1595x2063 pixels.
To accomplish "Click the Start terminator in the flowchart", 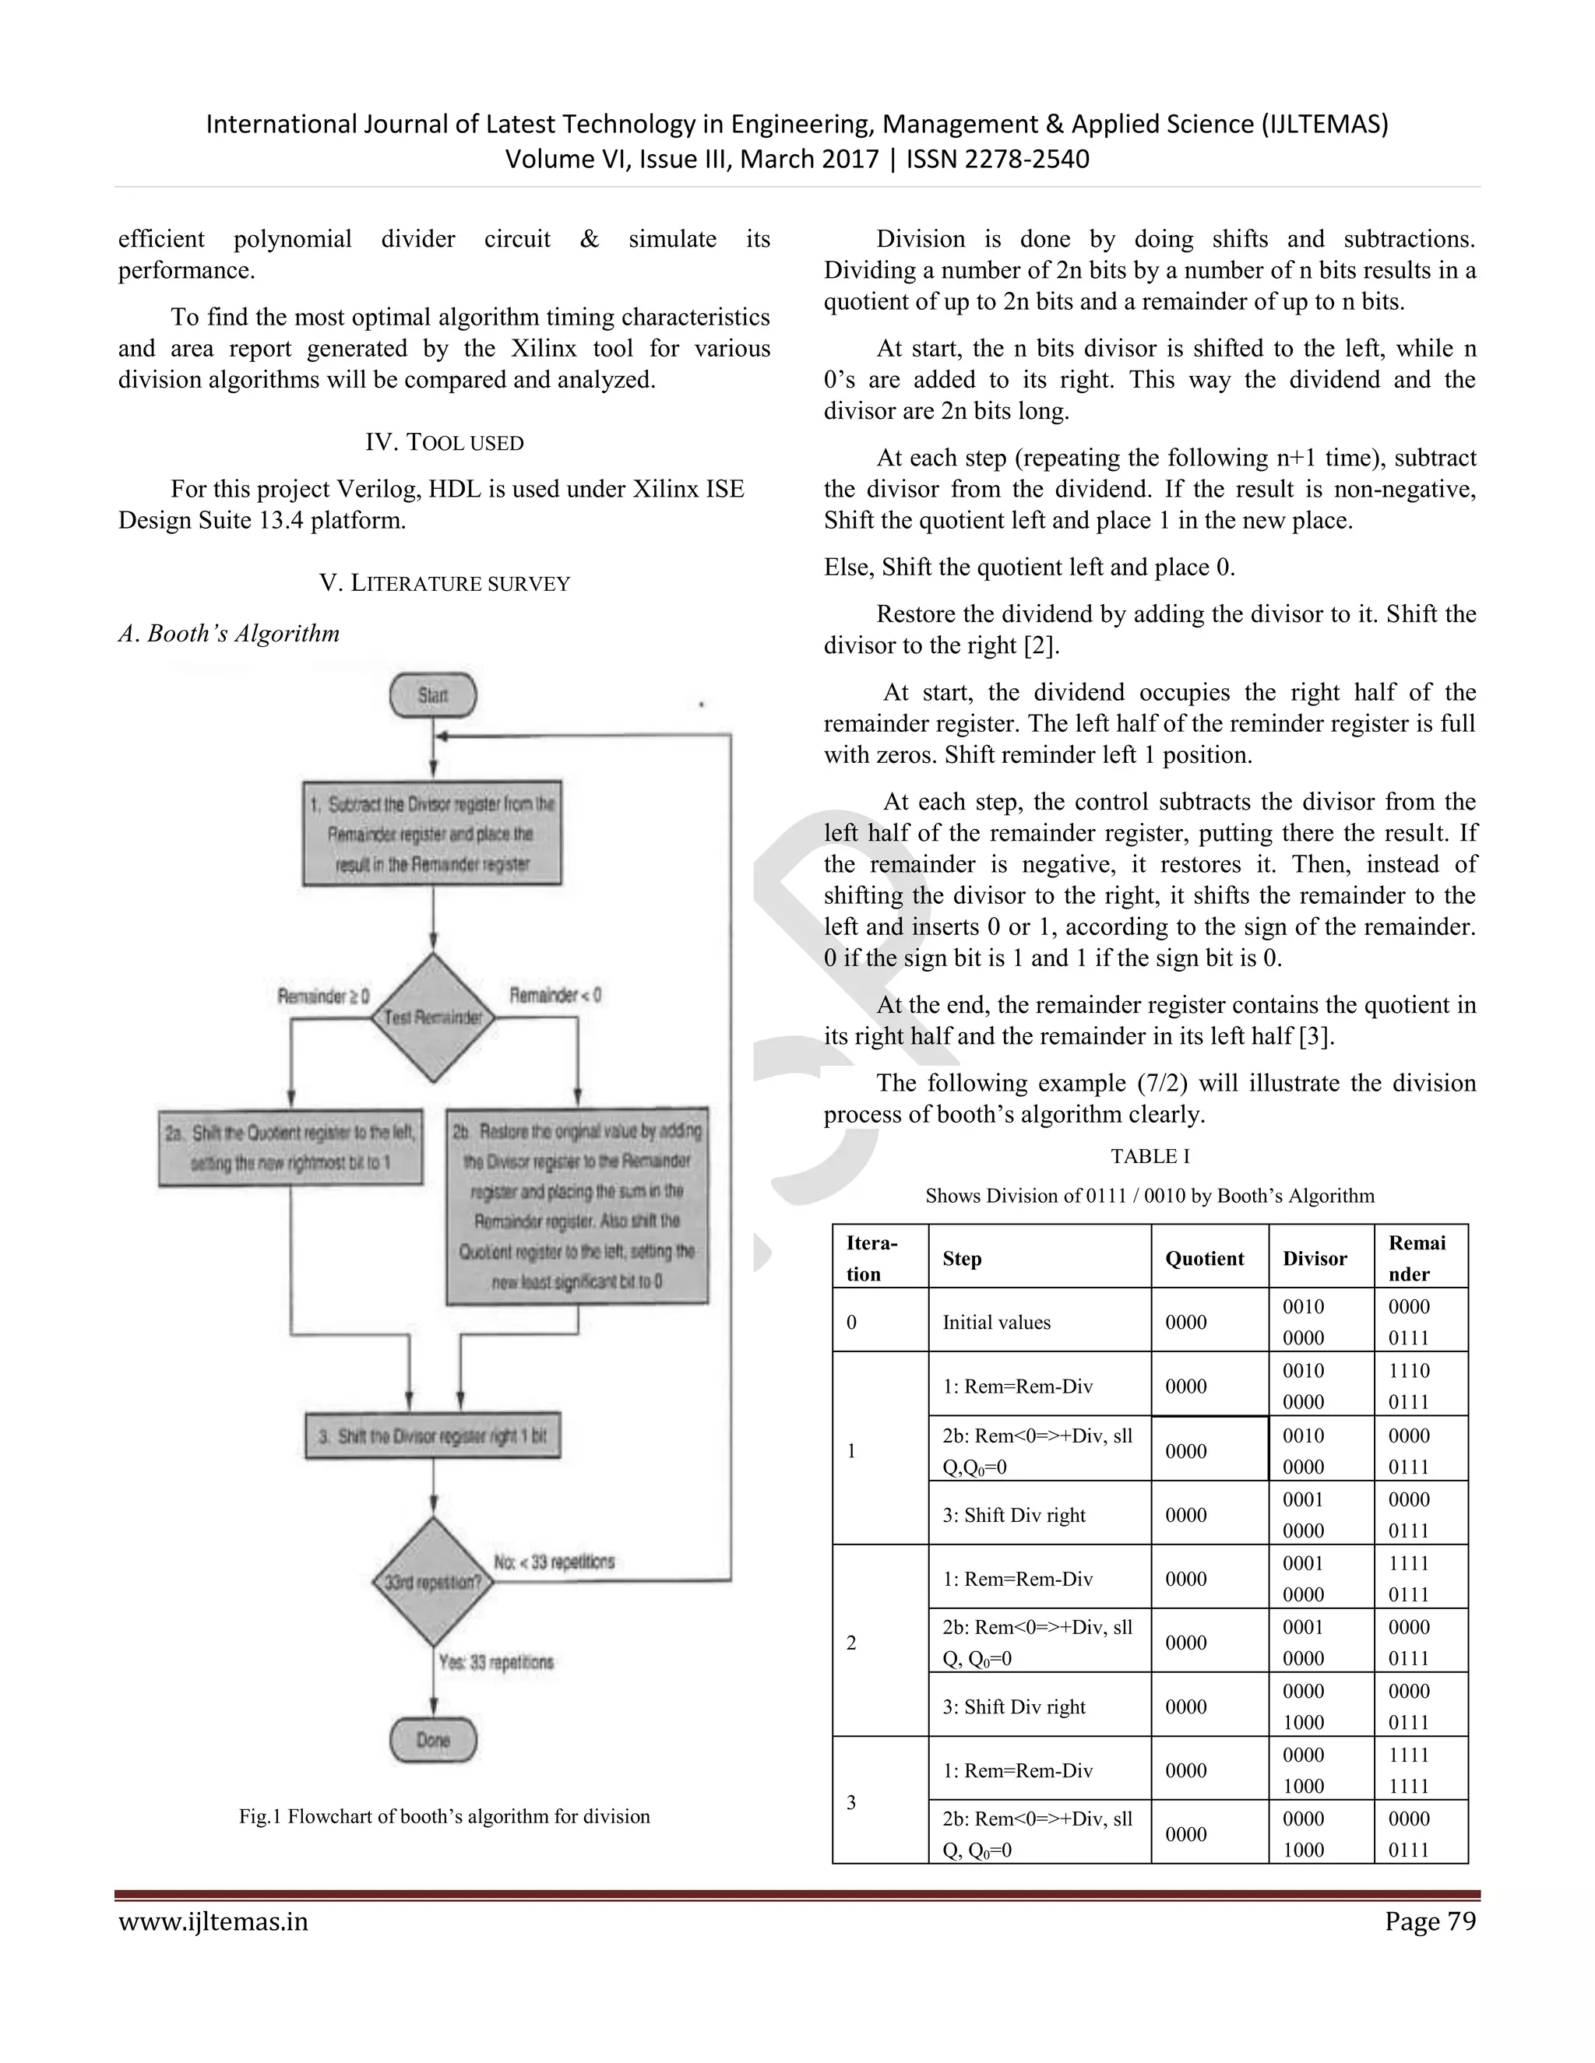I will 433,695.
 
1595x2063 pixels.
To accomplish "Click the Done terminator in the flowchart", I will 433,1740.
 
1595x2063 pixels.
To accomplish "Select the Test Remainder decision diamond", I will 433,1017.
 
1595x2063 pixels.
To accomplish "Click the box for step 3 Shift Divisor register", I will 433,1436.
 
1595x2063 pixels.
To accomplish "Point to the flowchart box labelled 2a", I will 290,1147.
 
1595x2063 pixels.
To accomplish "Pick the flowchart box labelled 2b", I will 576,1205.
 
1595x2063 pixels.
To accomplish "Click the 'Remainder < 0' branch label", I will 555,995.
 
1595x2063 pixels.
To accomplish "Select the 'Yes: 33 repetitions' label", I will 496,1661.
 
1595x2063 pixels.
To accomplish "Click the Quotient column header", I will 1205,1258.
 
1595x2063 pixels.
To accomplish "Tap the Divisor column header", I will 1315,1258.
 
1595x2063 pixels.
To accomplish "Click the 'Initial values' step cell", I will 997,1323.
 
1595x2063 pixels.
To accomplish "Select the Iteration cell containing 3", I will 851,1802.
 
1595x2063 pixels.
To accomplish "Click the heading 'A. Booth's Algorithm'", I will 229,633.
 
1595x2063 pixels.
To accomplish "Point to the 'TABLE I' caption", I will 1150,1156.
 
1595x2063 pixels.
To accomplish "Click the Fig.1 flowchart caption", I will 444,1816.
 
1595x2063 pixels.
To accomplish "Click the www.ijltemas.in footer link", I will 213,1921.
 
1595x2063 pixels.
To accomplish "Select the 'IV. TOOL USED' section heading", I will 444,442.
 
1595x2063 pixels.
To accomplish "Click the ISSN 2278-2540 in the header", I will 998,159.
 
